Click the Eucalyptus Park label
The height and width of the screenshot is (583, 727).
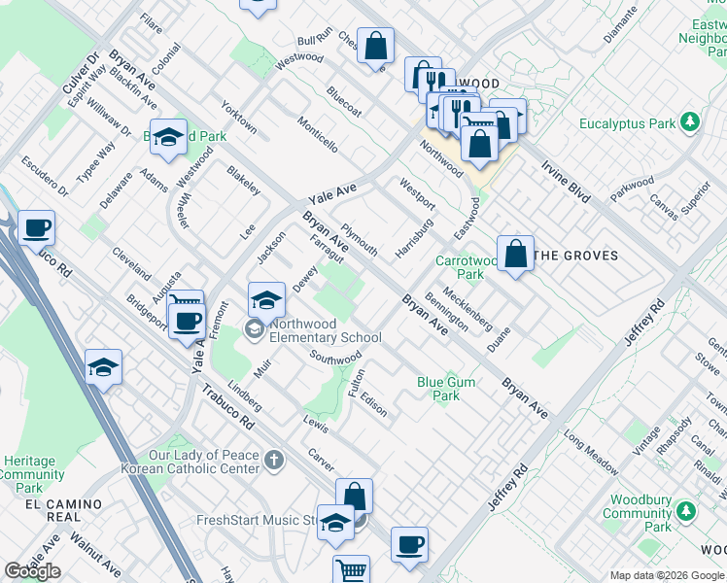627,124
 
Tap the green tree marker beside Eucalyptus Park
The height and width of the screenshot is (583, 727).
690,123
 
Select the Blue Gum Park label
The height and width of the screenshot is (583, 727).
446,389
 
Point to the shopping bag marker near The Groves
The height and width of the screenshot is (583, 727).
515,255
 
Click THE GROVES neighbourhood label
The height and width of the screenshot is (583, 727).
576,256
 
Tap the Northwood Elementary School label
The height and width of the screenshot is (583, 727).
326,330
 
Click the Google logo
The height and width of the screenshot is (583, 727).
32,571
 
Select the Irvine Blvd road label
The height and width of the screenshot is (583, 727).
568,182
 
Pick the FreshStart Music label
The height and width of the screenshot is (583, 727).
256,520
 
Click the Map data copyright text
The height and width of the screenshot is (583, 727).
667,575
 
